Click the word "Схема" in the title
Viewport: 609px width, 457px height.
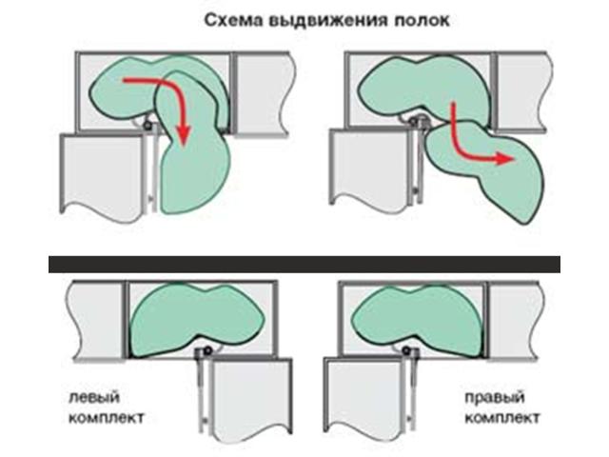click(233, 20)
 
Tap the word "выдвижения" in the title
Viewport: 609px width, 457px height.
click(328, 20)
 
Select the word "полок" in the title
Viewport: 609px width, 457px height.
click(422, 20)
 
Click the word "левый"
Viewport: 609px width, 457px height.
click(94, 398)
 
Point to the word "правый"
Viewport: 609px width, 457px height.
click(495, 398)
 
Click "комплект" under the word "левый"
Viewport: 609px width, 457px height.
click(106, 418)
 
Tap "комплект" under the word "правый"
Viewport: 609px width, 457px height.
click(501, 418)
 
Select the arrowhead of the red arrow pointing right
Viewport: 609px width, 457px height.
click(505, 159)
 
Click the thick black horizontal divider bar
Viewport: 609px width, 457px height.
click(304, 265)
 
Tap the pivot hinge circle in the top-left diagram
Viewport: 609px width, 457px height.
click(148, 125)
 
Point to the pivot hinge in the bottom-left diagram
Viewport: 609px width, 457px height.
click(207, 351)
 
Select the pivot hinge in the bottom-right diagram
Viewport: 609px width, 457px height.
click(407, 350)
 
